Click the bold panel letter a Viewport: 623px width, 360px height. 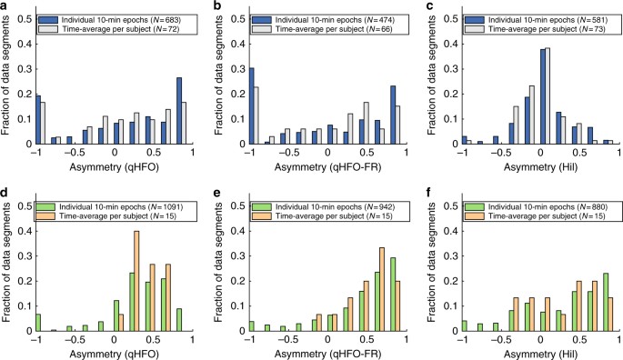tap(5, 6)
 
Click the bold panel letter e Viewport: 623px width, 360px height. tap(219, 186)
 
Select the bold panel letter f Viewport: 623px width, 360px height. tap(432, 186)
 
